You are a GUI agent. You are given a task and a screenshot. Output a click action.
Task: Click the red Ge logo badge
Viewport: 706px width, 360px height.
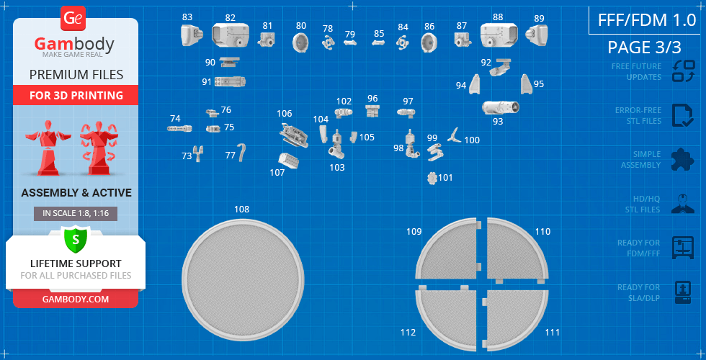[73, 19]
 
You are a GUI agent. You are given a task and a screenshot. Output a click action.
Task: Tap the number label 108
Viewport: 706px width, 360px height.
[242, 210]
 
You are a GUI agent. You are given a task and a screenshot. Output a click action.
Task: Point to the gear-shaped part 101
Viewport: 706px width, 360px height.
[432, 178]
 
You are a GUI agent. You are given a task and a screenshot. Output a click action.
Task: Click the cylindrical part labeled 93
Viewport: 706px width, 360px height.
[500, 107]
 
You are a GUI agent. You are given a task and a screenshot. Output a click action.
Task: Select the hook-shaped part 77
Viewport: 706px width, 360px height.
[243, 152]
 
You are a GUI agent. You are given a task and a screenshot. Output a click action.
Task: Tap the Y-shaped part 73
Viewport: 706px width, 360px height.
[197, 153]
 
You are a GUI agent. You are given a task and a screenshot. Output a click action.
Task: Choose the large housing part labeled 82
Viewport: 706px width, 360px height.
[230, 35]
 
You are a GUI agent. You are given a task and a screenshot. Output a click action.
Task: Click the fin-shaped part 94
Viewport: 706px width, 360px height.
[474, 85]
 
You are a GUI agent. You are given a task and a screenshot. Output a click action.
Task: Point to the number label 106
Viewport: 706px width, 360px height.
[284, 114]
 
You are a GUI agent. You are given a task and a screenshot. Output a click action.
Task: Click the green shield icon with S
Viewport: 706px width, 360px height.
[76, 239]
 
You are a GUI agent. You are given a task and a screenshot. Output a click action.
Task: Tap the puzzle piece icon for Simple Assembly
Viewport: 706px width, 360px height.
[683, 160]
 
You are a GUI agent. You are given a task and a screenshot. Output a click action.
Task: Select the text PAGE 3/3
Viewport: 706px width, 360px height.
[644, 48]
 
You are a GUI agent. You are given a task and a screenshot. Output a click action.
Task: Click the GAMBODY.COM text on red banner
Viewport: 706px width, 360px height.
[76, 299]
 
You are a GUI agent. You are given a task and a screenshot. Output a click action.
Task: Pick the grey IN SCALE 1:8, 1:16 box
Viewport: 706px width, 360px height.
[76, 214]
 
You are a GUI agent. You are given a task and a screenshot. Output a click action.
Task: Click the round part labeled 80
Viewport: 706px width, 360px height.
[300, 42]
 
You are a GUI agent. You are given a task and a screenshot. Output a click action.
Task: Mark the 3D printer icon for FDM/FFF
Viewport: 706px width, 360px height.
[683, 248]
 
